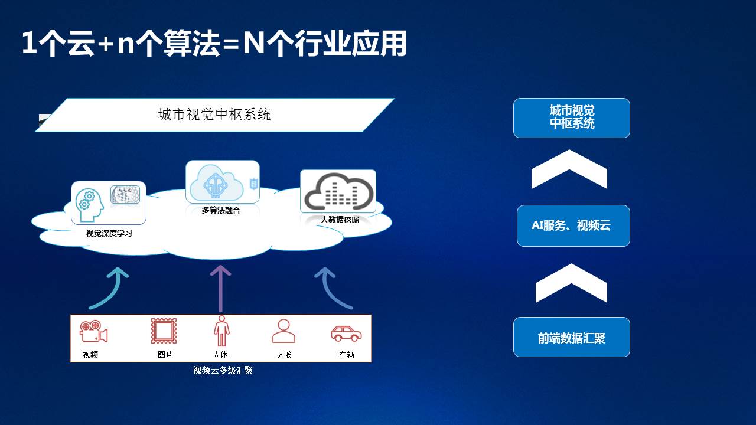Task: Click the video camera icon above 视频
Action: click(x=93, y=331)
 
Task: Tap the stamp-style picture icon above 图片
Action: click(x=164, y=331)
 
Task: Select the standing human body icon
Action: click(x=221, y=331)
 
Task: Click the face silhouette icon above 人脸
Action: click(x=284, y=331)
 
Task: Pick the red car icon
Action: click(x=346, y=334)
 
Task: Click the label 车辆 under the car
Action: click(x=347, y=355)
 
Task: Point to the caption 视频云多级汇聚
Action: click(x=223, y=370)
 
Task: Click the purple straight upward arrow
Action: click(x=220, y=289)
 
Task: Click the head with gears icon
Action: click(x=89, y=205)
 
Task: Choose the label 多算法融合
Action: click(x=221, y=211)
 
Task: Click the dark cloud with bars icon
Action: click(x=338, y=191)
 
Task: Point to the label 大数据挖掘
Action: click(x=340, y=220)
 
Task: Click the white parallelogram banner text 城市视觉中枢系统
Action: click(x=214, y=115)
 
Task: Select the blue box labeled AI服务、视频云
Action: click(x=573, y=225)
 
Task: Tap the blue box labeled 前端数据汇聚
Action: click(x=572, y=337)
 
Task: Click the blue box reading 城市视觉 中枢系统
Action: click(x=572, y=118)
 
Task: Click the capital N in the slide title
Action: click(x=253, y=42)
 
